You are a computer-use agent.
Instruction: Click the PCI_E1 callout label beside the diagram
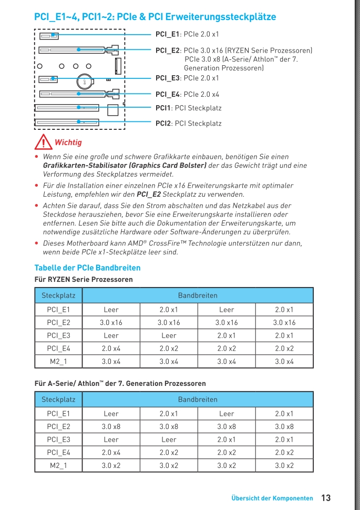pyautogui.click(x=187, y=34)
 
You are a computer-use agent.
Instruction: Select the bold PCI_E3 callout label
pyautogui.click(x=168, y=78)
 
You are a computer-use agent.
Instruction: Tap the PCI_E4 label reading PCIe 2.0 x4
pyautogui.click(x=187, y=95)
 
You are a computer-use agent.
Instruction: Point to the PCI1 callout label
pyautogui.click(x=188, y=108)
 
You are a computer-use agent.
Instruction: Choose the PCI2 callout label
pyautogui.click(x=188, y=124)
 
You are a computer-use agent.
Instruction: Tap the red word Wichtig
pyautogui.click(x=68, y=142)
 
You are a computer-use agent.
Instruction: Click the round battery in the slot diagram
pyautogui.click(x=84, y=81)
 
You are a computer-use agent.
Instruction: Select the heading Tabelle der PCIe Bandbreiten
pyautogui.click(x=87, y=268)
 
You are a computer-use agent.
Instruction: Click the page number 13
pyautogui.click(x=326, y=497)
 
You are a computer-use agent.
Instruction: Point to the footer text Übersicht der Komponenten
pyautogui.click(x=272, y=498)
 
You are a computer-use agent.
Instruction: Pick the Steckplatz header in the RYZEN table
pyautogui.click(x=58, y=295)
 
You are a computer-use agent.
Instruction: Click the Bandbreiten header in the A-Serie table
pyautogui.click(x=198, y=400)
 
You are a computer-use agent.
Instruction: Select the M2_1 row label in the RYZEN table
pyautogui.click(x=58, y=361)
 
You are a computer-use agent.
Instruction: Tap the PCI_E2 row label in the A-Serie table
pyautogui.click(x=58, y=426)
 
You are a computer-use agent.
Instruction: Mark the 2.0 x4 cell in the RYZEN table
pyautogui.click(x=111, y=348)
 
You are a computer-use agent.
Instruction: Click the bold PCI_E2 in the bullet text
pyautogui.click(x=149, y=194)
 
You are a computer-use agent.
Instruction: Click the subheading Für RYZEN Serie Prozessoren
pyautogui.click(x=84, y=279)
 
